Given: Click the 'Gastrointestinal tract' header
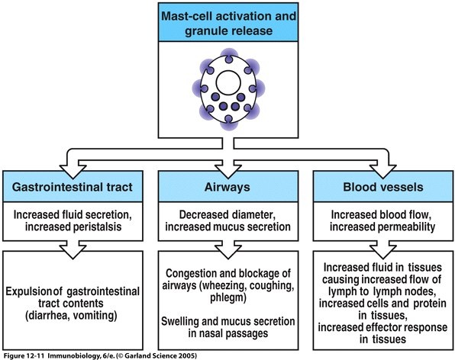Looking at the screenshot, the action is pyautogui.click(x=73, y=187).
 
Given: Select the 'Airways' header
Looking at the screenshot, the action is pyautogui.click(x=227, y=188).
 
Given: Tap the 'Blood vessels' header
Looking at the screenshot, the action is pyautogui.click(x=383, y=187).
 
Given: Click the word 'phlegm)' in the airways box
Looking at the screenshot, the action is pyautogui.click(x=228, y=298).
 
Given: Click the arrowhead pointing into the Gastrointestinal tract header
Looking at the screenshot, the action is pyautogui.click(x=73, y=172).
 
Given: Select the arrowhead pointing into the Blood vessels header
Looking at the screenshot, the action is pyautogui.click(x=382, y=172).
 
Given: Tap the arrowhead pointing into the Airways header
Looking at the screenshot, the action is pyautogui.click(x=228, y=172).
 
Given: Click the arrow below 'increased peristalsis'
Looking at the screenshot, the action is pyautogui.click(x=73, y=250).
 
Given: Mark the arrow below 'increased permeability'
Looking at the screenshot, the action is pyautogui.click(x=382, y=250).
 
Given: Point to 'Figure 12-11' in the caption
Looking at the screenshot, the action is pyautogui.click(x=24, y=355).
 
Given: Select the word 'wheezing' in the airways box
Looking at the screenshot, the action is pyautogui.click(x=223, y=286).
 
